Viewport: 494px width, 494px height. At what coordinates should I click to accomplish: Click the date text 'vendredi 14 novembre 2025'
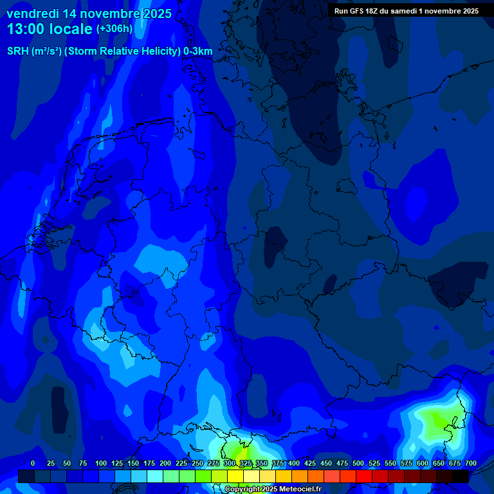tap(89, 14)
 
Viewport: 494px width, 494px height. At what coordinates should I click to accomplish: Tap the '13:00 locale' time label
tap(50, 29)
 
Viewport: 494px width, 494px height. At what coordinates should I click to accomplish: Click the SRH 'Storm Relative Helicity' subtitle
tap(110, 51)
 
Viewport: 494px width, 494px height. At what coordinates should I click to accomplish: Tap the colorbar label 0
tap(33, 463)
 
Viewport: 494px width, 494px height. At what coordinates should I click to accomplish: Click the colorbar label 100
tap(101, 463)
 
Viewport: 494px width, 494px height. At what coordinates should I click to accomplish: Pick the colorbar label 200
tap(165, 463)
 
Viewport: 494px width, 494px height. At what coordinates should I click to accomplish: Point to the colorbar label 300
tap(230, 463)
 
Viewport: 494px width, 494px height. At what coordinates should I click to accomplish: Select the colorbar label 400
tap(294, 463)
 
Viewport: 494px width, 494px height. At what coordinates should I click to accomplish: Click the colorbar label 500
tap(358, 463)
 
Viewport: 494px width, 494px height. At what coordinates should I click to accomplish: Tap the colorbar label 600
tap(423, 463)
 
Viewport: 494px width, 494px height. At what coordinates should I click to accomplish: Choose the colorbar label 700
tap(471, 463)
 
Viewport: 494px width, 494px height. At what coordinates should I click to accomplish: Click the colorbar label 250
tap(197, 463)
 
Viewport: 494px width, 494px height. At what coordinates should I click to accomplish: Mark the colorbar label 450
tap(326, 463)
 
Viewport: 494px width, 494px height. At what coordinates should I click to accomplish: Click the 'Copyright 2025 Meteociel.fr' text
tap(273, 489)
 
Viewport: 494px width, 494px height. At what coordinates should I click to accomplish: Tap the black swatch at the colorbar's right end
tap(461, 476)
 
